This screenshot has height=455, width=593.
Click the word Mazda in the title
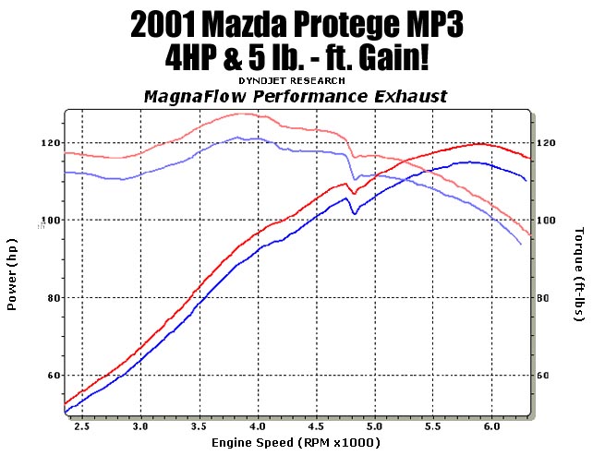pos(261,25)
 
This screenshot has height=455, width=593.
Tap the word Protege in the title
pos(365,25)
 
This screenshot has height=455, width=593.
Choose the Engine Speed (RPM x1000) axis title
pos(296,443)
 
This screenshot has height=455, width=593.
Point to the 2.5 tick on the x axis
pos(82,426)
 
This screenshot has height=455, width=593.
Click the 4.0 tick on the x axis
pos(258,426)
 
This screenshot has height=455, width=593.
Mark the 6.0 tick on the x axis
pos(491,426)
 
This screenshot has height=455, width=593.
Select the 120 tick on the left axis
pos(48,143)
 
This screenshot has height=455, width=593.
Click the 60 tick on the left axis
pos(52,376)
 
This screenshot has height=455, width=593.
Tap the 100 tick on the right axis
pos(546,221)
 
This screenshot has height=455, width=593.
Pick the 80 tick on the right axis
pos(543,298)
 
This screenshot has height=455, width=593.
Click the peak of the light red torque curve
pos(243,114)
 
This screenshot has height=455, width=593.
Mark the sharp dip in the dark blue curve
pos(355,214)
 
